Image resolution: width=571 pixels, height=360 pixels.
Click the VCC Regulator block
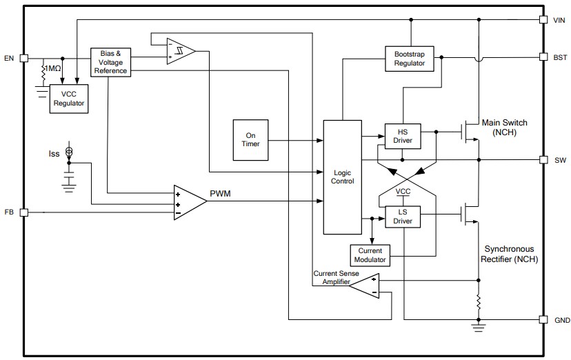coord(69,99)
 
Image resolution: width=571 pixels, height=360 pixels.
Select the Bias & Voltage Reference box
coord(110,62)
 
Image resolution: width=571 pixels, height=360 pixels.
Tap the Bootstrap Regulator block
coord(410,58)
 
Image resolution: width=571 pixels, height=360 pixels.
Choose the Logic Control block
coord(342,177)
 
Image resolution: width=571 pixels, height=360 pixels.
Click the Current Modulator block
coord(370,255)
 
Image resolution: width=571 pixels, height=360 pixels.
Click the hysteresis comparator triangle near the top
coord(181,52)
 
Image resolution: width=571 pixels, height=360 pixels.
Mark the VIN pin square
coord(543,20)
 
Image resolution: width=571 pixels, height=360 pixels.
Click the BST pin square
coord(543,57)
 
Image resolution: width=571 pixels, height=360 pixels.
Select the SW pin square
coord(543,159)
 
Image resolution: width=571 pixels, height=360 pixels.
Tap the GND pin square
coord(543,320)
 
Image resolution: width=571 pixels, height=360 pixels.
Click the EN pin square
coord(24,58)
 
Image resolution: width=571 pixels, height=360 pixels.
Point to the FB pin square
coord(24,212)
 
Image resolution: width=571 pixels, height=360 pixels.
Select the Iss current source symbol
coord(68,152)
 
